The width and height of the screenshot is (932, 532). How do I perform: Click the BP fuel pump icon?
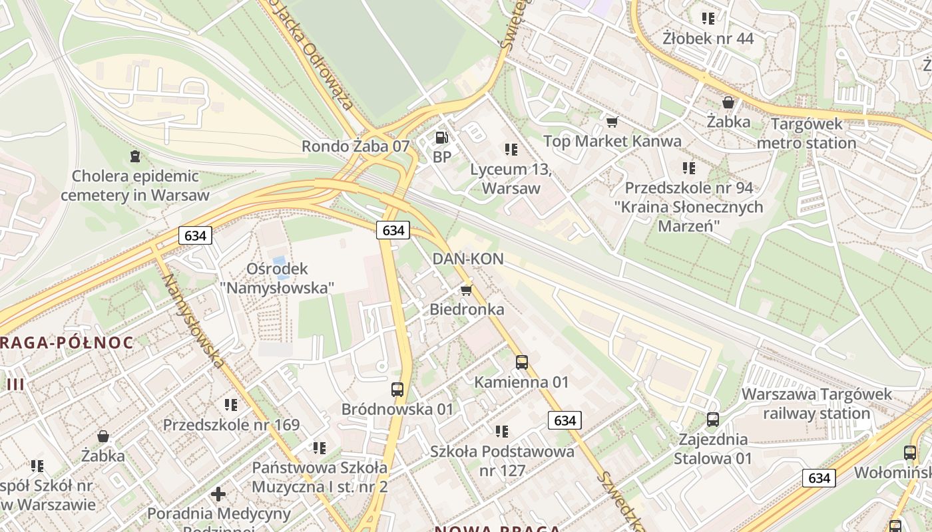pyautogui.click(x=441, y=138)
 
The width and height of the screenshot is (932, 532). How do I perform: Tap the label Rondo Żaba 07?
pyautogui.click(x=355, y=146)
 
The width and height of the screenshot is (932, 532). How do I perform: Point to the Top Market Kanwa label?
pyautogui.click(x=612, y=141)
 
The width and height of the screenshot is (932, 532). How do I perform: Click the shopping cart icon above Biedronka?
pyautogui.click(x=466, y=290)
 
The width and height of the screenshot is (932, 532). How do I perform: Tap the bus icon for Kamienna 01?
pyautogui.click(x=522, y=362)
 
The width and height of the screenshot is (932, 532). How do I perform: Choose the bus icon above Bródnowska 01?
pyautogui.click(x=397, y=390)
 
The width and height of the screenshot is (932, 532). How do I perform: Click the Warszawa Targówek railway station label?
pyautogui.click(x=816, y=404)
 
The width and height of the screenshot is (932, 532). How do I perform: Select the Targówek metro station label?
pyautogui.click(x=806, y=133)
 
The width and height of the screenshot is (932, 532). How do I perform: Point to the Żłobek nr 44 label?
pyautogui.click(x=708, y=39)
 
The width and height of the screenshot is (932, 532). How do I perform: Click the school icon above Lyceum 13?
pyautogui.click(x=511, y=150)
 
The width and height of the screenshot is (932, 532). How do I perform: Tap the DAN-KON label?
pyautogui.click(x=468, y=259)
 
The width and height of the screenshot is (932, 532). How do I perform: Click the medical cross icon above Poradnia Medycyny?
pyautogui.click(x=218, y=494)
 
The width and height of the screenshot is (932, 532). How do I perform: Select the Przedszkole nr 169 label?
pyautogui.click(x=231, y=425)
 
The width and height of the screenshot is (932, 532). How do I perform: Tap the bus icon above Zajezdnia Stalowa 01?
pyautogui.click(x=712, y=420)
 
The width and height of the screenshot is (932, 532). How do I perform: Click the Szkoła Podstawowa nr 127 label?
pyautogui.click(x=502, y=461)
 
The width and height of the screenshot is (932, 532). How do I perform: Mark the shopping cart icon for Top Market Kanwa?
pyautogui.click(x=612, y=122)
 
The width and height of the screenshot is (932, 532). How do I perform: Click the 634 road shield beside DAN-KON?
pyautogui.click(x=393, y=230)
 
